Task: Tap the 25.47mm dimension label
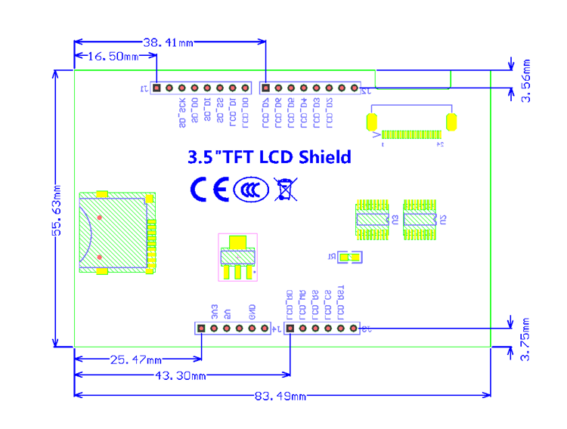(x=137, y=360)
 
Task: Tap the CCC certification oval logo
(x=250, y=190)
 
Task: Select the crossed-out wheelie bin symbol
(x=284, y=189)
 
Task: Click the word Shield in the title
(x=324, y=157)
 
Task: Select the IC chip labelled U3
(x=373, y=220)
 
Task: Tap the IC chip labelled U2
(x=420, y=220)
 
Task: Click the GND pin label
(x=253, y=310)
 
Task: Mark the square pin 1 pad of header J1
(x=156, y=88)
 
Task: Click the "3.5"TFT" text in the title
(x=222, y=157)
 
